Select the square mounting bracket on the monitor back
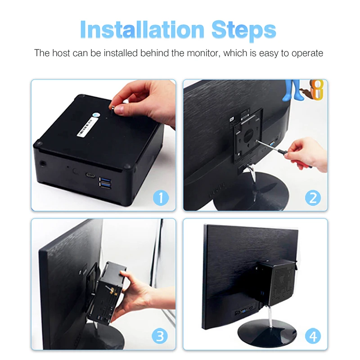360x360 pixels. (246, 137)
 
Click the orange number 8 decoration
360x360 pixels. (318, 90)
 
